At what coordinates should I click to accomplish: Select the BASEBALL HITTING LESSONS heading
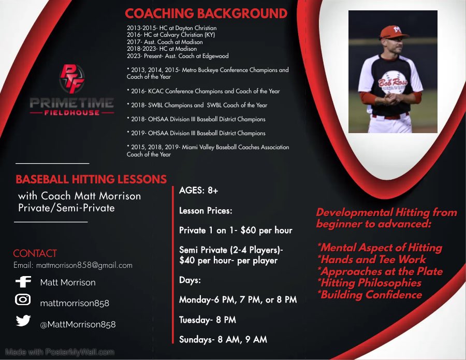[x=91, y=180]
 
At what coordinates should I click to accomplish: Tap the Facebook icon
[x=23, y=282]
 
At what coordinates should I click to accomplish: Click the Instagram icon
[x=23, y=300]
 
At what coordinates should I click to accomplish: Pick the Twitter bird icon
[x=23, y=321]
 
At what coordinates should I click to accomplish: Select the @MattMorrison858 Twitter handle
[x=78, y=324]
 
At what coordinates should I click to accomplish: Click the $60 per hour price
[x=266, y=230]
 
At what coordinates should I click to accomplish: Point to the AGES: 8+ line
[x=199, y=191]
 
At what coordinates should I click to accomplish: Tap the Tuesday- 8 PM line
[x=208, y=320]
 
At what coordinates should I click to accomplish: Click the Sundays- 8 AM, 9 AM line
[x=223, y=339]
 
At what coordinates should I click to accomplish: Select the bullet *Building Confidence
[x=370, y=295]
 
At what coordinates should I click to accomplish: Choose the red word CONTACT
[x=35, y=253]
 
